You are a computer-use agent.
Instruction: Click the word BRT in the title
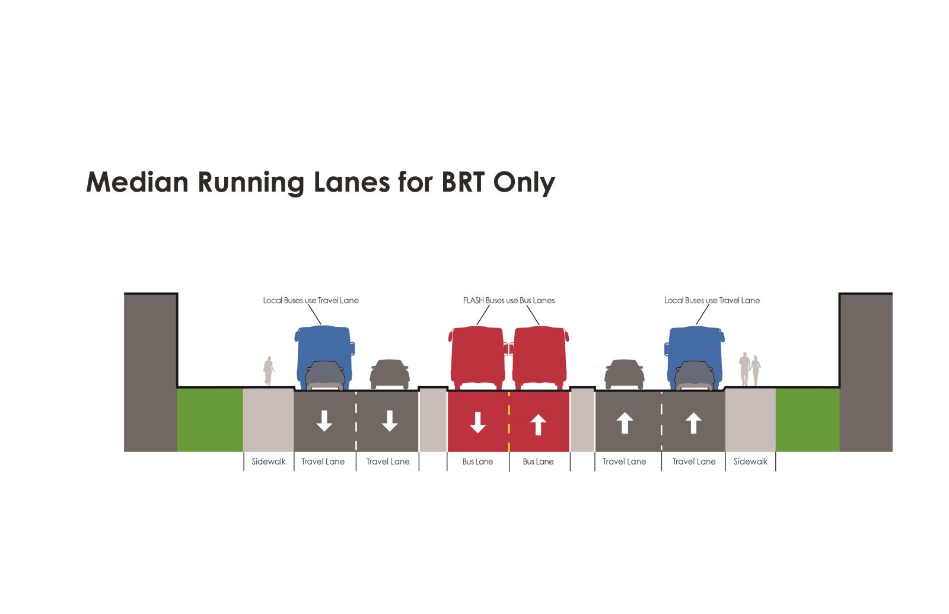(463, 182)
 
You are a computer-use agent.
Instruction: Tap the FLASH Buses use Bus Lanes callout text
(509, 301)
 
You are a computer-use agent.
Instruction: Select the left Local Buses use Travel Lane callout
(311, 301)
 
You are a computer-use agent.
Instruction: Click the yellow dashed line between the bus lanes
(509, 421)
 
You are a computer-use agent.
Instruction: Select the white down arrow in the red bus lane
(477, 422)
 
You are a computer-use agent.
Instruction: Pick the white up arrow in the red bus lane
(538, 425)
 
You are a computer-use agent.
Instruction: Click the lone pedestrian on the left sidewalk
(269, 371)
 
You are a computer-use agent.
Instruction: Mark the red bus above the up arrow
(539, 356)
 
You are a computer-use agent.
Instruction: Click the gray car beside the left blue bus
(390, 374)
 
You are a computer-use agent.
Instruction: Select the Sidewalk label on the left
(269, 462)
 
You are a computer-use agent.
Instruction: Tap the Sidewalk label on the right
(750, 462)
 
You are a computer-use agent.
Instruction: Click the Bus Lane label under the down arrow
(477, 462)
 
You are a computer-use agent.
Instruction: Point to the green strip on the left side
(210, 420)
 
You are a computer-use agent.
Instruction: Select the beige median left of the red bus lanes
(433, 420)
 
